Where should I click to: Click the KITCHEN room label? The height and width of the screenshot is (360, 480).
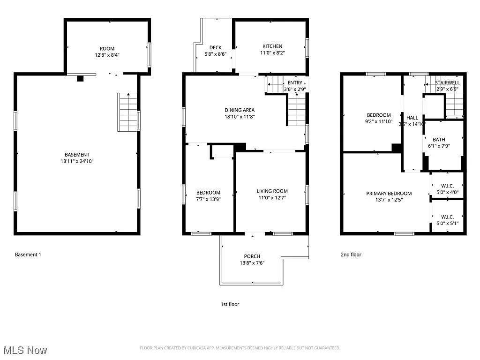point(272,46)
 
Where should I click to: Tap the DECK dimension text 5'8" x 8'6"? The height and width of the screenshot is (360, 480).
point(216,54)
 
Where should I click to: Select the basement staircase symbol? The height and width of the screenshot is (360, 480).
point(128,112)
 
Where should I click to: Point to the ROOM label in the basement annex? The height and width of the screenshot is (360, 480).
point(107,49)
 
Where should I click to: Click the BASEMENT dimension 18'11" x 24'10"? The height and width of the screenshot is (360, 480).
point(77,161)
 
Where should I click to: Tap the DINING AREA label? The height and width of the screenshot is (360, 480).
point(240,110)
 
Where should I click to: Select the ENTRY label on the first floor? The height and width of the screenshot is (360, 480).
point(295,83)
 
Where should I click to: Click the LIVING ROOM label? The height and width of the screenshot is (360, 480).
point(272,191)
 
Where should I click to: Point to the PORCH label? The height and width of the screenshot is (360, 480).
point(252,256)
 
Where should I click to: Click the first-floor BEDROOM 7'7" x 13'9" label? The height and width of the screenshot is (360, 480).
point(208,193)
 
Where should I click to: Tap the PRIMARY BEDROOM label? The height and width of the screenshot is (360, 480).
point(389,193)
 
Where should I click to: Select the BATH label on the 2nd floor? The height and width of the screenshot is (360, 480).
point(439,140)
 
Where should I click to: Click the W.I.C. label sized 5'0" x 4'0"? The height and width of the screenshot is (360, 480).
point(447,185)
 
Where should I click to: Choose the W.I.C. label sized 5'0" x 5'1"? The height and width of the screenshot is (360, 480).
point(447,217)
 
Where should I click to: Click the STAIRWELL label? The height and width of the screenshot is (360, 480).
point(447,83)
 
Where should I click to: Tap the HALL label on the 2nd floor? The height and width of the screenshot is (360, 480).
point(412,118)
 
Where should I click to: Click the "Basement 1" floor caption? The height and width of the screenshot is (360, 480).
point(28,255)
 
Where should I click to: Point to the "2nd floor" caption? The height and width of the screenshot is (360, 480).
point(351,255)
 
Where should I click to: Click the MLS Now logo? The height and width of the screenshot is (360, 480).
point(25,350)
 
